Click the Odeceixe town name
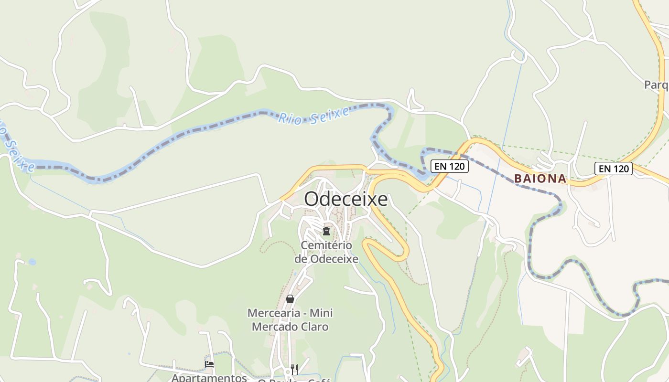pos(345,199)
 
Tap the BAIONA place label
pos(540,179)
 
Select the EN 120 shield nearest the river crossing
pos(449,166)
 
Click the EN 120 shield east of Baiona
pos(613,169)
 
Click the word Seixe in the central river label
pos(330,115)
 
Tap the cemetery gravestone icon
pos(326,232)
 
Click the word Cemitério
pos(326,245)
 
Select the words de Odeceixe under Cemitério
pos(326,259)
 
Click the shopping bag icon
pos(290,299)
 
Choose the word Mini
pos(321,313)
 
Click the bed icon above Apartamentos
pos(209,364)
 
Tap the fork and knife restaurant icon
pos(294,369)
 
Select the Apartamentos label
pos(209,378)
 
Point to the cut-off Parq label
pos(656,85)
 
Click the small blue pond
pos(32,262)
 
